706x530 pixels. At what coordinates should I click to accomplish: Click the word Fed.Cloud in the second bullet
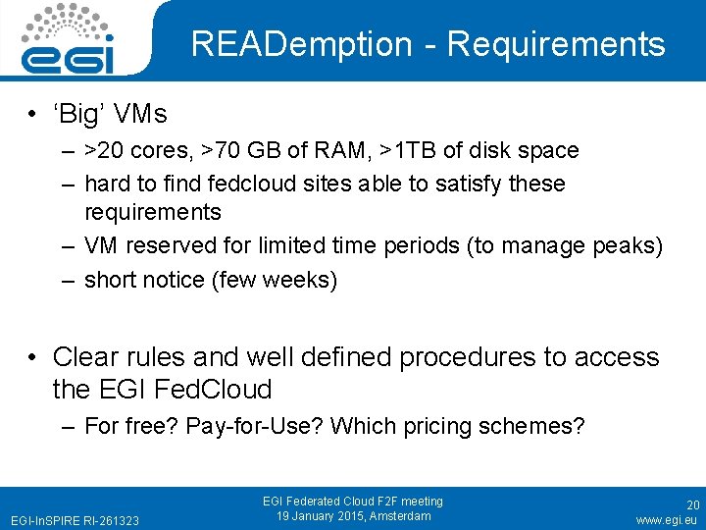pyautogui.click(x=220, y=390)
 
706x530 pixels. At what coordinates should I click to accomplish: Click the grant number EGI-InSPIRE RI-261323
pyautogui.click(x=75, y=519)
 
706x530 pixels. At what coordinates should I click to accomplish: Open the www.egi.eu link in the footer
pyautogui.click(x=666, y=519)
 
